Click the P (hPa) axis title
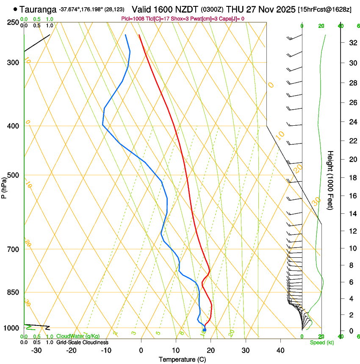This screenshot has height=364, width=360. pos(4,186)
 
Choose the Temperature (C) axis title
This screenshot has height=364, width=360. pos(182,359)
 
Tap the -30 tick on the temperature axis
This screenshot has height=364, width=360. pos(36,350)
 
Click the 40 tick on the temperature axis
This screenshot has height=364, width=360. pos(280,350)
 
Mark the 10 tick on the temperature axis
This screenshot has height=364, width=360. pos(176,350)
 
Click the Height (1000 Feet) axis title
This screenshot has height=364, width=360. pos(331,180)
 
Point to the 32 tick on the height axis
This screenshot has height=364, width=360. pos(352,43)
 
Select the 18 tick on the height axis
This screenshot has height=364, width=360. pos(352,178)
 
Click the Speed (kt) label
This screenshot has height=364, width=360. pos(321,342)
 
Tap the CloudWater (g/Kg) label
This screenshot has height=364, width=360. pos(78,336)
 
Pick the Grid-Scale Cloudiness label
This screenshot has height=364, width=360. pos(82,342)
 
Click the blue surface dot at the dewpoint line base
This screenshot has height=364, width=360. pos(205,330)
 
